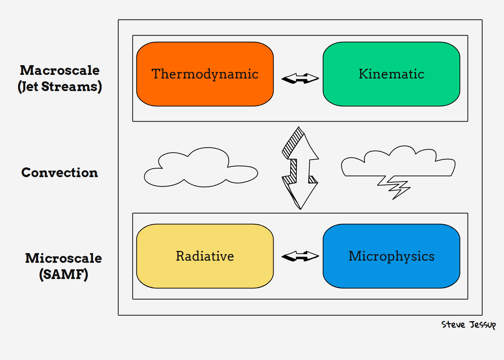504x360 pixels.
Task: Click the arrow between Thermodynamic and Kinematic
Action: click(x=300, y=78)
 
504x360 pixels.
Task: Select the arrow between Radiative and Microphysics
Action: click(x=300, y=256)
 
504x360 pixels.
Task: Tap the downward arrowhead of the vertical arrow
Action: click(x=300, y=194)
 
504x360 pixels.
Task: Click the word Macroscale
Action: click(x=60, y=70)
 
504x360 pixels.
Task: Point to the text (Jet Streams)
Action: click(x=60, y=87)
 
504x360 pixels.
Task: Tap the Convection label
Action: click(x=60, y=172)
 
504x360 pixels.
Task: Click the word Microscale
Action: click(x=63, y=258)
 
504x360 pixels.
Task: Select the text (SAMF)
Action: click(x=63, y=274)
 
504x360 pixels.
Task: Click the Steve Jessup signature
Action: click(x=468, y=325)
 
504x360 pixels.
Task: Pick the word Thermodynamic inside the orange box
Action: click(x=205, y=74)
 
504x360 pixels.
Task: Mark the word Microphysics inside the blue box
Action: click(x=391, y=256)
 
